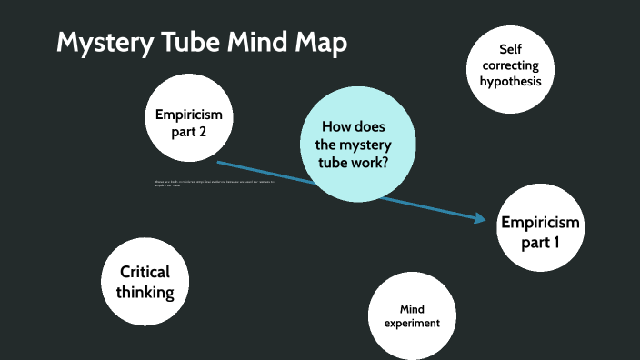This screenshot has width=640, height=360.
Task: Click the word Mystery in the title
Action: [107, 44]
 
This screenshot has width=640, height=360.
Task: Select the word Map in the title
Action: [319, 44]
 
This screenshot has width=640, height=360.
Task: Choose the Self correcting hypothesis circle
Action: [511, 65]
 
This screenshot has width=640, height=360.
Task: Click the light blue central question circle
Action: [358, 145]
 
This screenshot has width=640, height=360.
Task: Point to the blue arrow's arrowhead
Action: [480, 217]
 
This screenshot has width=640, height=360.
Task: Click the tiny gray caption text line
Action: [214, 183]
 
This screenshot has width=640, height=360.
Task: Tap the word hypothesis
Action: [511, 81]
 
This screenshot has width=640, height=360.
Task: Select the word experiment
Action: [411, 323]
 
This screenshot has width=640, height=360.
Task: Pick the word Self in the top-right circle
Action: [511, 50]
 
